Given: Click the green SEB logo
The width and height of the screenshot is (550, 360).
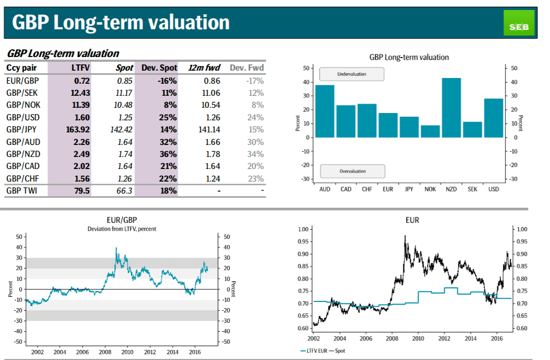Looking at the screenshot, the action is click(x=519, y=23).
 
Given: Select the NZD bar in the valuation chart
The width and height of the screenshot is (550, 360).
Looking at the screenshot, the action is click(x=451, y=108).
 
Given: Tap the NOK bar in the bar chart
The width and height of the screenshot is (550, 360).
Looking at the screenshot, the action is click(x=430, y=131).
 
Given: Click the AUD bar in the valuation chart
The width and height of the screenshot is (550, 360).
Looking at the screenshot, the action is click(x=324, y=111).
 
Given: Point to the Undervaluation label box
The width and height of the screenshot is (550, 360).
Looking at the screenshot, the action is click(x=352, y=74).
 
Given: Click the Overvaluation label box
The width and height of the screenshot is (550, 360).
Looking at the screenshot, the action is click(x=353, y=171).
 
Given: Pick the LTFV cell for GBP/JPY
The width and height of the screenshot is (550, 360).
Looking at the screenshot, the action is click(x=78, y=129).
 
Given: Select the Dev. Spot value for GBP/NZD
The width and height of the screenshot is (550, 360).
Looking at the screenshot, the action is click(x=168, y=154).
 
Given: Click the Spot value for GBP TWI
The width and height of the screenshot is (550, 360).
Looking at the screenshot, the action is click(x=124, y=191).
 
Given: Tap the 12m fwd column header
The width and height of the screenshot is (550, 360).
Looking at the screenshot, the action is click(x=204, y=67).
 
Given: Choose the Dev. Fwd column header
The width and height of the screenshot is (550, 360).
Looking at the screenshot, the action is click(x=246, y=67).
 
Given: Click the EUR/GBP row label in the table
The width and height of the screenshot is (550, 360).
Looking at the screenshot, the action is click(x=23, y=81).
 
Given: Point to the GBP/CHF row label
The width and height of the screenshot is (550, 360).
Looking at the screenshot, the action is click(x=23, y=178).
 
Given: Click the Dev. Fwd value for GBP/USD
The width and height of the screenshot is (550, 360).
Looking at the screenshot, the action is click(x=255, y=118).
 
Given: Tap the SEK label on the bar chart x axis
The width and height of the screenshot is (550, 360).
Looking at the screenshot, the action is click(x=472, y=189).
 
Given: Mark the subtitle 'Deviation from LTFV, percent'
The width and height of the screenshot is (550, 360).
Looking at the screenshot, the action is click(x=122, y=229).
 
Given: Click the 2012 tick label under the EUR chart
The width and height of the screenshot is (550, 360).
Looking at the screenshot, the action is click(x=444, y=339).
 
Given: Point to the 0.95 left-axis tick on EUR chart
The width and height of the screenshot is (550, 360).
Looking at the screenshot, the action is click(x=303, y=241).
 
